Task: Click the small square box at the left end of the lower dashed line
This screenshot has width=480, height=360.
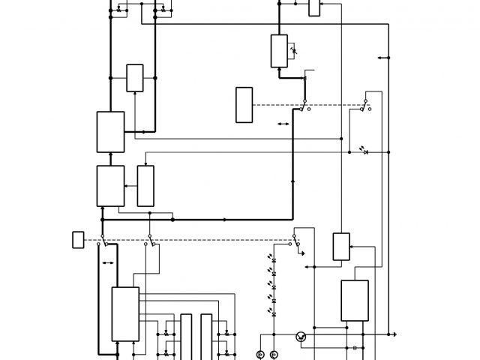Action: coord(78,240)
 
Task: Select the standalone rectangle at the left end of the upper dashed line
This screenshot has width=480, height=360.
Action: coord(244,105)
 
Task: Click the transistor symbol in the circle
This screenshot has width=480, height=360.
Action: coord(301,337)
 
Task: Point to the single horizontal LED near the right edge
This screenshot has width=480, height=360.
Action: coord(365,152)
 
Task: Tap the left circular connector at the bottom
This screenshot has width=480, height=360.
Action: coord(260,354)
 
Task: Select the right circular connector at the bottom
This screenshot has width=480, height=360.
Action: coord(274,354)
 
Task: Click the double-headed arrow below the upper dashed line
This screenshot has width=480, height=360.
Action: coord(283,124)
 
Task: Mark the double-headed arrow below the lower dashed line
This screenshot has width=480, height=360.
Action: coord(109,262)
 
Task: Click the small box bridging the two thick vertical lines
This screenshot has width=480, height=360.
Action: coord(135,78)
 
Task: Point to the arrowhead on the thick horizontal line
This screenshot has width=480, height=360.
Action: coord(226,220)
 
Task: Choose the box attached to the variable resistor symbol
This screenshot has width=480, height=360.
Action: coord(279,51)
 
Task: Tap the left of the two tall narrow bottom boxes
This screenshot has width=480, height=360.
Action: coord(186,337)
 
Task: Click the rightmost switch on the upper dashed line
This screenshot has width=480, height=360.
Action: coord(364,106)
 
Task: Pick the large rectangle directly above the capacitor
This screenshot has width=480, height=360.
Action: coord(355,300)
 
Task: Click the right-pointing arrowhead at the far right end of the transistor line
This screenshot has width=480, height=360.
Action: coord(394,334)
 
